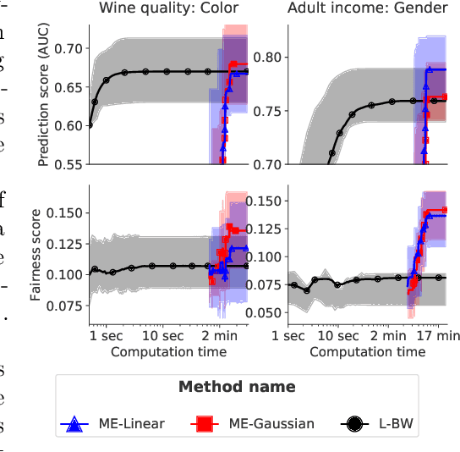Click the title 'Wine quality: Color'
pos(168,9)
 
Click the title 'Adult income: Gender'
pos(368,9)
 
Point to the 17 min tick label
pos(438,336)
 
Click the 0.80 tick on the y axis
pos(271,57)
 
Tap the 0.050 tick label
pos(266,312)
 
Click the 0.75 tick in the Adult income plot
pos(271,110)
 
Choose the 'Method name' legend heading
pos(237,387)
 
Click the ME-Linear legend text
pos(130,424)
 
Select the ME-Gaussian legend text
pos(271,424)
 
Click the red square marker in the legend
pos(203,424)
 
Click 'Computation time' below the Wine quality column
pos(168,350)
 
